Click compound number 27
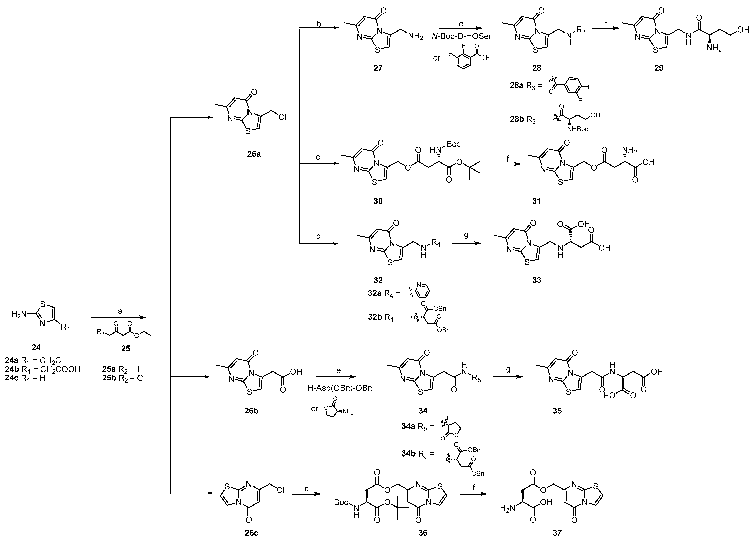point(378,68)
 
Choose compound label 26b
point(251,411)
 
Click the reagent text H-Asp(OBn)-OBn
point(339,388)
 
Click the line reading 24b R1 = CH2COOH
point(42,369)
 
